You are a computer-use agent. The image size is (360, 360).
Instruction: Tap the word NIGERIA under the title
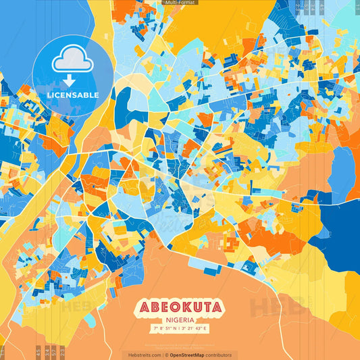pos(180,322)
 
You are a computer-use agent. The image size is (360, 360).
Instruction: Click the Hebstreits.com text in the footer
pos(145,355)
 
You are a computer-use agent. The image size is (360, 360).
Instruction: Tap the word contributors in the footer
pos(218,355)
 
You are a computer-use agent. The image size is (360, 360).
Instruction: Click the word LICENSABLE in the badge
pos(72,95)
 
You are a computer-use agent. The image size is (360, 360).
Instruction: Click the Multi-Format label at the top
pos(180,3)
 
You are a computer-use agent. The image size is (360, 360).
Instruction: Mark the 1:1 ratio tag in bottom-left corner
pos(3,351)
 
